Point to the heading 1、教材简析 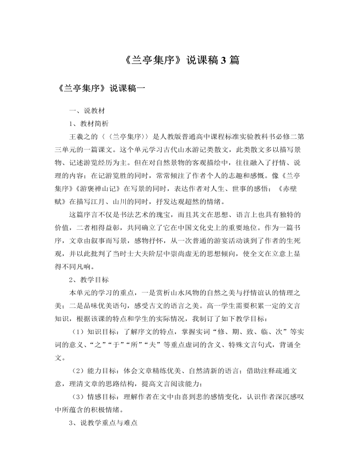(x=88, y=124)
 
